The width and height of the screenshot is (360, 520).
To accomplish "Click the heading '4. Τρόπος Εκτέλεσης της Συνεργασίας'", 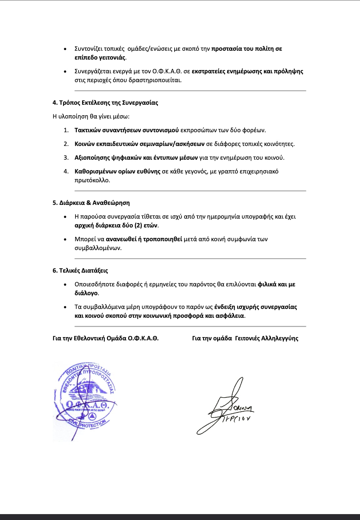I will coord(105,103).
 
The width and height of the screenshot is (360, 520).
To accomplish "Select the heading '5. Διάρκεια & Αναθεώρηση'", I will coord(91,203).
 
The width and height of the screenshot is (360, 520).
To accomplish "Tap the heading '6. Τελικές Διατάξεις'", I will coord(80,271).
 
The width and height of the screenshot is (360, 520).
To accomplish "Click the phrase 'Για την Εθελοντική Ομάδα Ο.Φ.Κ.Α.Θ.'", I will coord(105,338).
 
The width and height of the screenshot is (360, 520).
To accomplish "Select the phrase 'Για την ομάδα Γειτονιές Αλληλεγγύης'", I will coord(245,338).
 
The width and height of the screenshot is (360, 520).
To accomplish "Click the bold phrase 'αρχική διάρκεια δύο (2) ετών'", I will coord(116,225).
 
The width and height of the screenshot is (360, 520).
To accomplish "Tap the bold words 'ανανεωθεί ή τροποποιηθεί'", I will coord(144,239).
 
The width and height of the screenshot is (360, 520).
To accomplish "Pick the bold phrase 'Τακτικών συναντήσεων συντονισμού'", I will coord(127,130).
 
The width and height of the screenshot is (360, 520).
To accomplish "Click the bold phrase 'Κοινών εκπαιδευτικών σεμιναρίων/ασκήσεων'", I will coord(139,144).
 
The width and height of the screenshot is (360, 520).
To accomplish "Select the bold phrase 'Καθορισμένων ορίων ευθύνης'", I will coord(117,171).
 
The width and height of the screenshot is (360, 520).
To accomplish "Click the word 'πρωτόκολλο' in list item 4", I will coord(92,180).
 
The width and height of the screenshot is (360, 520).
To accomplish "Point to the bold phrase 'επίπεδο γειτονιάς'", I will coord(100,58).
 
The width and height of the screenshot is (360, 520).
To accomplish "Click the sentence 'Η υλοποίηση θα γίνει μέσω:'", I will coord(91,117).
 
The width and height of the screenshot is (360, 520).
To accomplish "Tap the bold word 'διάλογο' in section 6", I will coord(86,293).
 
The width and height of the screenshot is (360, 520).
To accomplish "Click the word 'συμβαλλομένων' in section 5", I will coord(98,248).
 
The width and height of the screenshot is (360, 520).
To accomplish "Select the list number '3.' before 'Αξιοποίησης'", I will coord(66,158).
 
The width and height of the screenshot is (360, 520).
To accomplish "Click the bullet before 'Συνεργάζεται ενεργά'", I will coord(66,72).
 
